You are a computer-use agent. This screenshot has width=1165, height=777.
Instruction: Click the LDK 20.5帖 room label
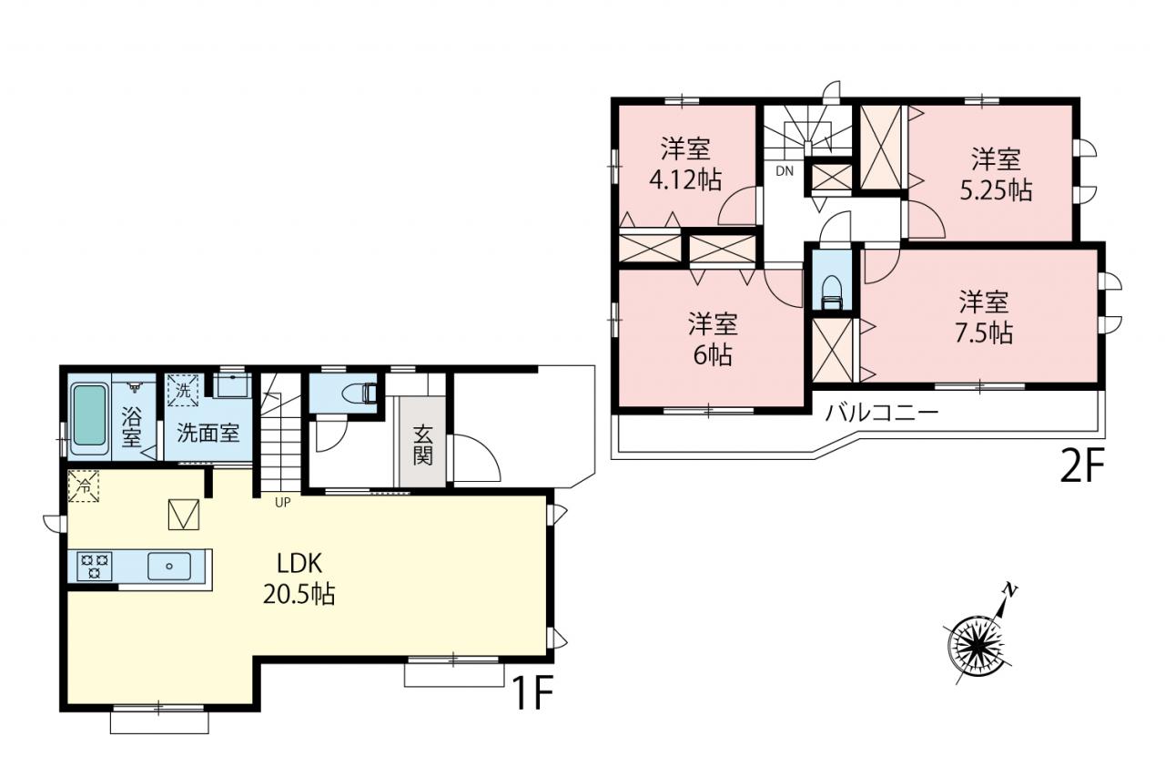[299, 578]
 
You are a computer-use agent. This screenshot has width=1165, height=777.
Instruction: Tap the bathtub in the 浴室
[89, 414]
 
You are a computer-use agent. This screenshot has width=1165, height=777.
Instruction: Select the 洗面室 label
[208, 433]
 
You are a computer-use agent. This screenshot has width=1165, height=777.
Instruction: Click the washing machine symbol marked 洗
[183, 390]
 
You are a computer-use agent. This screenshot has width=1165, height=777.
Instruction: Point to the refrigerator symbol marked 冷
[83, 486]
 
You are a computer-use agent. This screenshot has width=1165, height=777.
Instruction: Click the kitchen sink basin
[169, 567]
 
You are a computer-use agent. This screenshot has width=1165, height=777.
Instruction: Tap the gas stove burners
[94, 567]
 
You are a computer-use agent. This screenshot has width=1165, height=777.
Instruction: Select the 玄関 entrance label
[423, 445]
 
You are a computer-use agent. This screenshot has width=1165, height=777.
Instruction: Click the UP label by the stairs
[282, 502]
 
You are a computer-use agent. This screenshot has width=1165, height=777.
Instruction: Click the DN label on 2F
[785, 170]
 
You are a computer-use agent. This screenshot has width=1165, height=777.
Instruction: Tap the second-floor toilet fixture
[832, 293]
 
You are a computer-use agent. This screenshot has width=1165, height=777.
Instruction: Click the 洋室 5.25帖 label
[996, 175]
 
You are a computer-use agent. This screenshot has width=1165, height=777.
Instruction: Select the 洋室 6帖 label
[713, 339]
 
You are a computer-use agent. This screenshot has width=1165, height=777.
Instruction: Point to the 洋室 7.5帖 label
[984, 318]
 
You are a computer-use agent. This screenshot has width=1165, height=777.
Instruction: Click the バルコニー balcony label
[883, 414]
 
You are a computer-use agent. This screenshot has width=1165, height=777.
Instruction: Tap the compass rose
[977, 647]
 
